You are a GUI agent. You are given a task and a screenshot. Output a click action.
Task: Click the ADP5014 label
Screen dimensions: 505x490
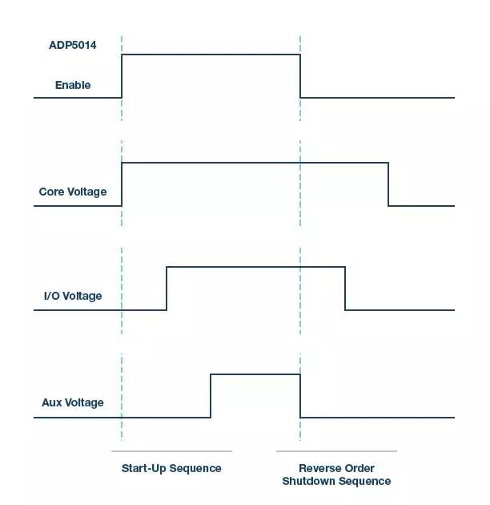pos(73,46)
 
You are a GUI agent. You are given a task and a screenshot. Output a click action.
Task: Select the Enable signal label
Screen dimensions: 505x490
pos(73,85)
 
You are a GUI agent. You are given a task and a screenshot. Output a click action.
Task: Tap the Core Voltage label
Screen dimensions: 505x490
pos(73,192)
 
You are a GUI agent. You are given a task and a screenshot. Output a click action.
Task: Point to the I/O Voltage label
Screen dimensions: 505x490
pos(73,297)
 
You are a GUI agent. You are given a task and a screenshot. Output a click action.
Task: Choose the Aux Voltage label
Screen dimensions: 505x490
pos(73,402)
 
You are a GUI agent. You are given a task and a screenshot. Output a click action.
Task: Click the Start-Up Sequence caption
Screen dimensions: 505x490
pos(171,468)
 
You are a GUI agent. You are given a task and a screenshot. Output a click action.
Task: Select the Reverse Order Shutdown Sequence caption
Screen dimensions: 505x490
pos(336,475)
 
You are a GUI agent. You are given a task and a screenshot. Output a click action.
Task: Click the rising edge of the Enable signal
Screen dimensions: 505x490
pos(122,76)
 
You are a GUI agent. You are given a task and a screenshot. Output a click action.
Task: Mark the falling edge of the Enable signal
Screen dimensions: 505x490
pos(300,76)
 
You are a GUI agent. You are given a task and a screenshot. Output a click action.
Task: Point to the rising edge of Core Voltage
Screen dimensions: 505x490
pos(122,184)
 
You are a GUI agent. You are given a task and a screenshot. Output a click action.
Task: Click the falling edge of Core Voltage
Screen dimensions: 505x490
pos(388,184)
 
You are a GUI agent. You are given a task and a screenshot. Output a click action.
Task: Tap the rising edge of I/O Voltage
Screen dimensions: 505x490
pos(167,289)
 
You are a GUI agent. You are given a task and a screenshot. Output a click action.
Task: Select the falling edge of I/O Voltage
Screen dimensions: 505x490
pos(345,289)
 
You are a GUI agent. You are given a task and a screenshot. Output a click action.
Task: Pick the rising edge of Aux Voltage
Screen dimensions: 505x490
pos(211,396)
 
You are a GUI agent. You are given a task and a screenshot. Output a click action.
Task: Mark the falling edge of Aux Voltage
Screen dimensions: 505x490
pos(300,396)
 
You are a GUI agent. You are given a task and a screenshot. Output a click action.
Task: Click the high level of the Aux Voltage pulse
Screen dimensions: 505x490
pos(255,374)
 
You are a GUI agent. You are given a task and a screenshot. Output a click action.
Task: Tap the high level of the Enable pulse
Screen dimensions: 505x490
pos(211,55)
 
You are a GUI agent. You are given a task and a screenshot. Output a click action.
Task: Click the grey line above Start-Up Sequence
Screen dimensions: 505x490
pos(171,451)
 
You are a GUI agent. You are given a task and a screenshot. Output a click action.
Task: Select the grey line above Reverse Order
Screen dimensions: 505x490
pos(336,451)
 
